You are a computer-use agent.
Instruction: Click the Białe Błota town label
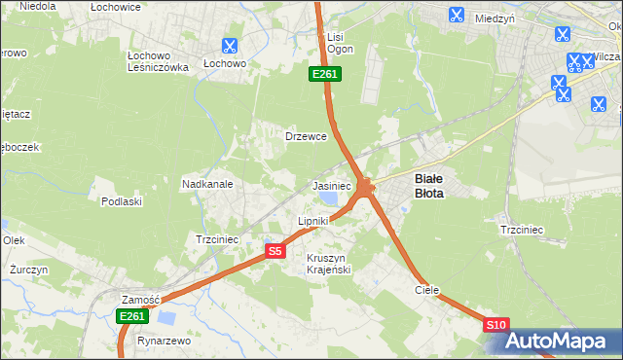click(429, 186)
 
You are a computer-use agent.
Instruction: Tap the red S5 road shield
click(275, 251)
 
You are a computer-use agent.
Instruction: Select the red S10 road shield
click(495, 325)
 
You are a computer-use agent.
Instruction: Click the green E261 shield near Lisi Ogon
click(324, 74)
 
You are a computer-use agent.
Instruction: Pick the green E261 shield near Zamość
click(131, 316)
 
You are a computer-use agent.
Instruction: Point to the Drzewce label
click(305, 136)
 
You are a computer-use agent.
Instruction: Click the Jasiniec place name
click(331, 185)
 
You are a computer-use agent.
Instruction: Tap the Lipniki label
click(312, 222)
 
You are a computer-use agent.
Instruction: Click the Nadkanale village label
click(206, 183)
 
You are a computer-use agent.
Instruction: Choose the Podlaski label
click(122, 201)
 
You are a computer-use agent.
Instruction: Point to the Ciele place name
click(427, 290)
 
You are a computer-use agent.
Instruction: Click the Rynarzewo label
click(163, 342)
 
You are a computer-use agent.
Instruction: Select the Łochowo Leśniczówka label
click(157, 61)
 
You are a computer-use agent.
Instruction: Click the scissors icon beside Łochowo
click(229, 45)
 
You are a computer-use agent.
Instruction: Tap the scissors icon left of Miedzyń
click(456, 15)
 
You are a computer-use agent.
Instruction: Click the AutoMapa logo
click(559, 341)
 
